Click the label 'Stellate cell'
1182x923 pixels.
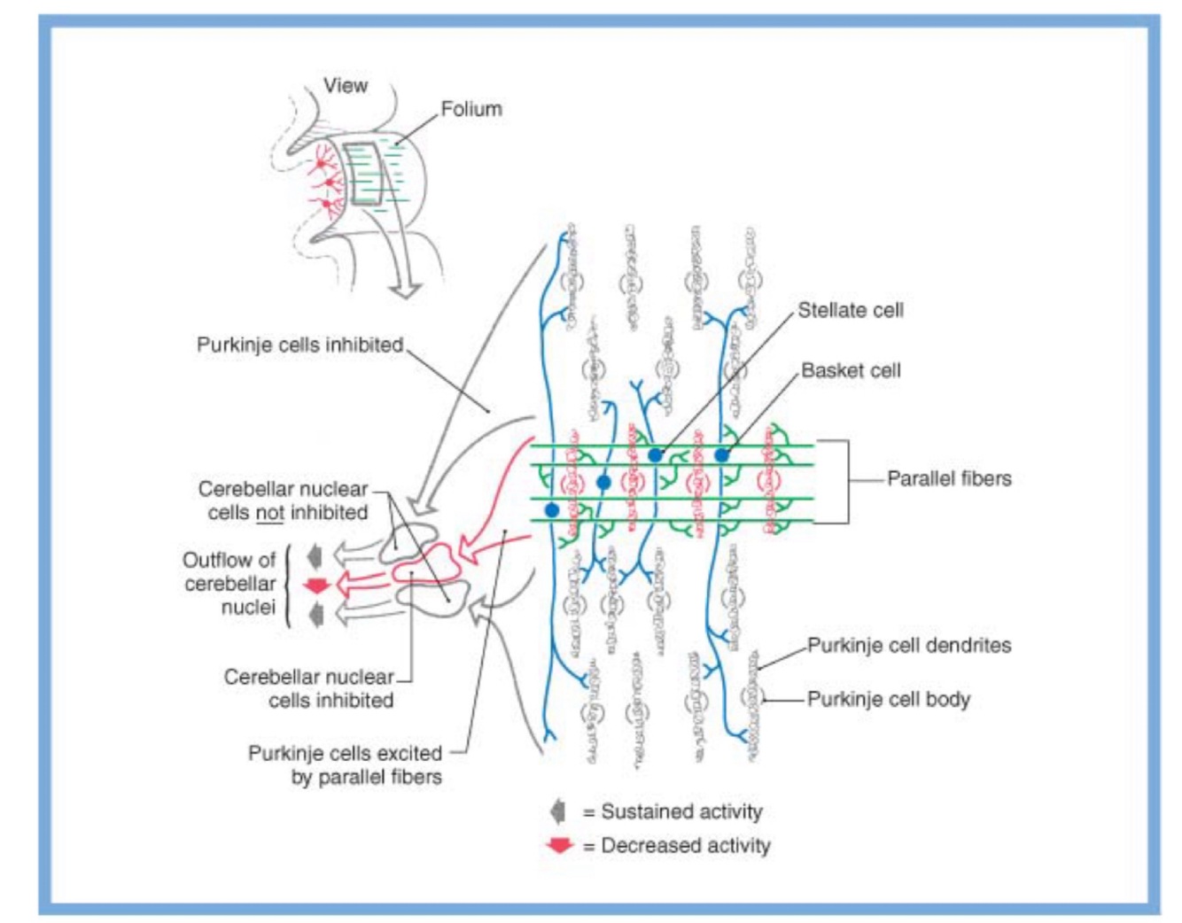(850, 310)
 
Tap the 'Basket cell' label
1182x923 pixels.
(851, 370)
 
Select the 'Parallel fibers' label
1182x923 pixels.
(949, 478)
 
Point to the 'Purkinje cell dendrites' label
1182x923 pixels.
(908, 645)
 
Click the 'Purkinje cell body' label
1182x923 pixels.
(888, 699)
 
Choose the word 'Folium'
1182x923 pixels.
(471, 109)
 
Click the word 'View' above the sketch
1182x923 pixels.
(346, 86)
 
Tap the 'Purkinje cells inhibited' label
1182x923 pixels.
(299, 345)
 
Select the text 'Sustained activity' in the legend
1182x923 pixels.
(681, 811)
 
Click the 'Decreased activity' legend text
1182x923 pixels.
(686, 845)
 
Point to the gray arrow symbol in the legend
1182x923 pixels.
(558, 811)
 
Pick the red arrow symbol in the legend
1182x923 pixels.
(560, 846)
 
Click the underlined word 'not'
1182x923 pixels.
(269, 512)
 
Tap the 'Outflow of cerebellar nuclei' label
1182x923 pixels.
(230, 584)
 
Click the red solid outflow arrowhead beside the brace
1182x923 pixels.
(316, 585)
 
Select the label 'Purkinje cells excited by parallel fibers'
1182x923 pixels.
(344, 765)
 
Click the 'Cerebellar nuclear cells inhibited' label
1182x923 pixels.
(308, 688)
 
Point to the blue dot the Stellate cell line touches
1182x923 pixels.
(655, 454)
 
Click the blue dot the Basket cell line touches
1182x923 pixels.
(721, 454)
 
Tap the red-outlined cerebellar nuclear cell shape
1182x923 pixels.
(428, 564)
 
